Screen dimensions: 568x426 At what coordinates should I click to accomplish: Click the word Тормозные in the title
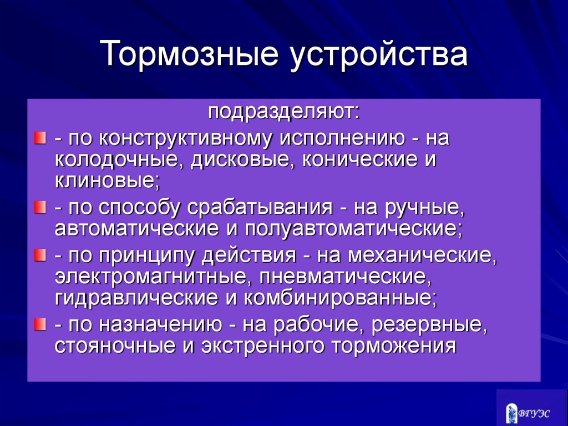(x=189, y=54)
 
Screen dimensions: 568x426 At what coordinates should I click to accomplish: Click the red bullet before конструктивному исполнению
(x=40, y=138)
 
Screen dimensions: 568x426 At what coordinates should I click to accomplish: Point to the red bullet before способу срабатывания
(x=40, y=208)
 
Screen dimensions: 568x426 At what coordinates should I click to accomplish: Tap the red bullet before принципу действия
(x=40, y=255)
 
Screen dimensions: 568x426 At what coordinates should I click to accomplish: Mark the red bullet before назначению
(x=40, y=324)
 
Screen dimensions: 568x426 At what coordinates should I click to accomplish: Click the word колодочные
(x=119, y=161)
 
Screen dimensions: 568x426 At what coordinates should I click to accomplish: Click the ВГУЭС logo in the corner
(x=528, y=413)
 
